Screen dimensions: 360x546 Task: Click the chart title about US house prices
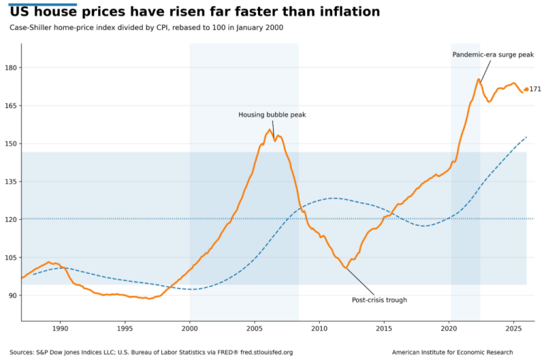pos(194,12)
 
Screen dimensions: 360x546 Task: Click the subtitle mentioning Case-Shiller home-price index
pos(146,28)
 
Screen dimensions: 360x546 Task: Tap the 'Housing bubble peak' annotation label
pos(272,115)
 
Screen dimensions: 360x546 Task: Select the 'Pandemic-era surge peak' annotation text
pos(493,55)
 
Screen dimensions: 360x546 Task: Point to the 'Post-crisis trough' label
pos(380,300)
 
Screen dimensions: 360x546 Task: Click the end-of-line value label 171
pos(535,90)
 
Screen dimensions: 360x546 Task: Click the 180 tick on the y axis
pos(11,68)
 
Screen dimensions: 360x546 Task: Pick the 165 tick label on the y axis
pos(11,105)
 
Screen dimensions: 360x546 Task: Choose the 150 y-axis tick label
pos(11,144)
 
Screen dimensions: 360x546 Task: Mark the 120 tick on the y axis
pos(11,219)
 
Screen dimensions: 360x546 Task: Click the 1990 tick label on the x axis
pos(60,329)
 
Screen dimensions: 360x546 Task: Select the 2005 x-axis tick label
pos(255,329)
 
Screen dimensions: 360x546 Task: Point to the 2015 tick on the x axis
pos(384,329)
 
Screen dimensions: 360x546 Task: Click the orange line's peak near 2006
pos(270,129)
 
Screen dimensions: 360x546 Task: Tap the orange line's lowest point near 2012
pos(346,268)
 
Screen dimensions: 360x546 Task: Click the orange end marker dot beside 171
pos(526,90)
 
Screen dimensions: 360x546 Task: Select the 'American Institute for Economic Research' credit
pos(463,352)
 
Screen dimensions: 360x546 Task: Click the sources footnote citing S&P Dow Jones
pos(151,352)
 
